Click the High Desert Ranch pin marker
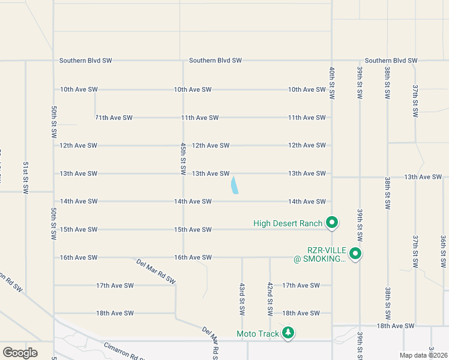[x=331, y=223]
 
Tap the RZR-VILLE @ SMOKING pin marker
[x=355, y=254]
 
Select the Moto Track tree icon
[x=288, y=332]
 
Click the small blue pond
[x=234, y=185]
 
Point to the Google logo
[x=20, y=353]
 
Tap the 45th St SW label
[x=184, y=158]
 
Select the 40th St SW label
[x=331, y=83]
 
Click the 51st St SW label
[x=26, y=177]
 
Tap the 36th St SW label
[x=442, y=251]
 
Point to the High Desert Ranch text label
[x=288, y=223]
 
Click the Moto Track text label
[x=258, y=334]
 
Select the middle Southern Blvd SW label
[x=215, y=61]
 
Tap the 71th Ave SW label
[x=113, y=118]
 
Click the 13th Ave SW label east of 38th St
[x=423, y=177]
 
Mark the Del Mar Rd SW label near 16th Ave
[x=155, y=271]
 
